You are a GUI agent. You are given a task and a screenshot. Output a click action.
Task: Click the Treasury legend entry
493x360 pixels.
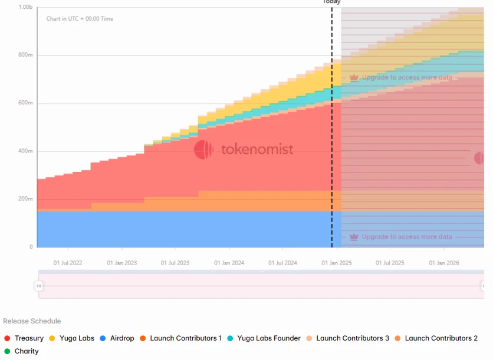coord(24,338)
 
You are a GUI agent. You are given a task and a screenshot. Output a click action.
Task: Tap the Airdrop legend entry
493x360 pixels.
coord(117,338)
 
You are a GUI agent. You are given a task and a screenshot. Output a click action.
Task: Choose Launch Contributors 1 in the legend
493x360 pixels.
coord(180,338)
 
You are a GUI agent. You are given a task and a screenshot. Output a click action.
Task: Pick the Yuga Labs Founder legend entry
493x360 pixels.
coord(264,338)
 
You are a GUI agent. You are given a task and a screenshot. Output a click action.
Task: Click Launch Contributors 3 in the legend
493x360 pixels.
coord(347,338)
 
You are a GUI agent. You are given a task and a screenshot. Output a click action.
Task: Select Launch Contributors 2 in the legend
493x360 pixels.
coord(436,338)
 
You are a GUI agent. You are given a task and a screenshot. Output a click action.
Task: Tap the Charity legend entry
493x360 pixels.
coord(22,351)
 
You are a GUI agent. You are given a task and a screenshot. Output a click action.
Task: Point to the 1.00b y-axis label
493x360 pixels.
coord(25,7)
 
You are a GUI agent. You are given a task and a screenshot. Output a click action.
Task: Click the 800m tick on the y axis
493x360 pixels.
coord(25,55)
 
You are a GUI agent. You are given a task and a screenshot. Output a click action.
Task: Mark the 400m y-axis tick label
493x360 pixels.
coord(25,151)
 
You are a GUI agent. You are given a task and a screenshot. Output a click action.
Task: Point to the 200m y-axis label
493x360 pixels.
coord(25,199)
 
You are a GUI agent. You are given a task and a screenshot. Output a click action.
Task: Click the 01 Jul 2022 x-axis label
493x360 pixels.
coord(68,263)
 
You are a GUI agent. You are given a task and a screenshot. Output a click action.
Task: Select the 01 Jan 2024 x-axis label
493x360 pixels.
coord(229,263)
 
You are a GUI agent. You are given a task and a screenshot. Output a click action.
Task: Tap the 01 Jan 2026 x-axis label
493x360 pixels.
coord(443,263)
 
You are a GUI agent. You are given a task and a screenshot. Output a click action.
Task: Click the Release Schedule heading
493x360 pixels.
coord(32,321)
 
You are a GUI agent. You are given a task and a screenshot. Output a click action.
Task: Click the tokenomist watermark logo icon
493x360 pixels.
coord(203,150)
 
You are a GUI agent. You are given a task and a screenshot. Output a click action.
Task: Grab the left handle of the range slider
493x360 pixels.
coord(39,286)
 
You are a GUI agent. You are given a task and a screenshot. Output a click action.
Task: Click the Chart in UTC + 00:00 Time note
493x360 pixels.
coord(80,19)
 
